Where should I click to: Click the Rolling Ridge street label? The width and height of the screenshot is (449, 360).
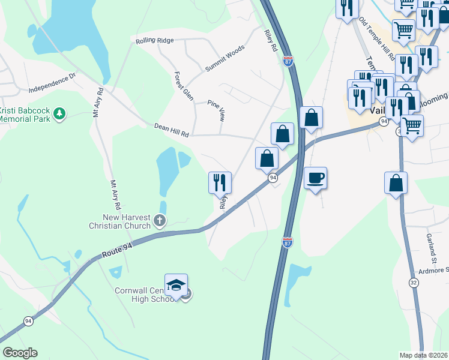(154, 40)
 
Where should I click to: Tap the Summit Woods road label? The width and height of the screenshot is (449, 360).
(225, 59)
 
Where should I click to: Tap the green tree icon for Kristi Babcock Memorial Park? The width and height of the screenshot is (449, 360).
(59, 113)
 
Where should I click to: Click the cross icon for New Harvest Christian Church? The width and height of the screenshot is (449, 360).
(160, 221)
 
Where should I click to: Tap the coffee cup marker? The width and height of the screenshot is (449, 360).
(315, 178)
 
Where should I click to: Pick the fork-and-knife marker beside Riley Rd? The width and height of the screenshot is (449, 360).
(220, 182)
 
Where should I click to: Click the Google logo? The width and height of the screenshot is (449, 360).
(19, 353)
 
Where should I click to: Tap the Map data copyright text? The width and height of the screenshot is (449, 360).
(424, 355)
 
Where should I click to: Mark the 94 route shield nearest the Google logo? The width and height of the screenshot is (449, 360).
(28, 321)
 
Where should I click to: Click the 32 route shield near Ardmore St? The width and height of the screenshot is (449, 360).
(414, 282)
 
